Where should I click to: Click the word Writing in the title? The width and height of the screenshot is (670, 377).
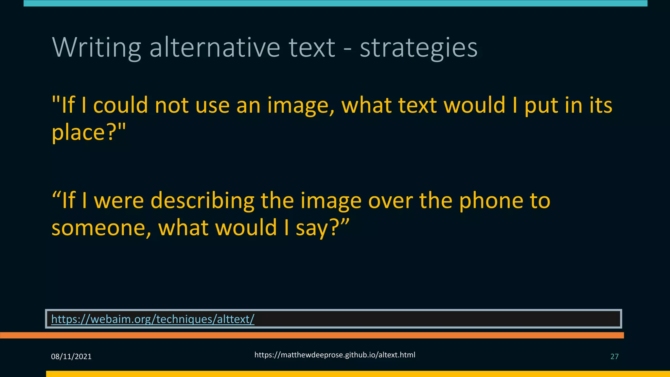97,48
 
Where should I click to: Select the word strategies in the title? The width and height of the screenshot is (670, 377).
418,48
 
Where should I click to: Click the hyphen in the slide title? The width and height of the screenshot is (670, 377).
347,49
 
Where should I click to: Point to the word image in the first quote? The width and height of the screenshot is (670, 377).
301,106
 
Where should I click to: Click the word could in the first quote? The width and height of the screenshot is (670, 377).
121,105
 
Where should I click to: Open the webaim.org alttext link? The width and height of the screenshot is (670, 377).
153,319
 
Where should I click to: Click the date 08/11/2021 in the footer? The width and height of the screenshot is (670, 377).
71,356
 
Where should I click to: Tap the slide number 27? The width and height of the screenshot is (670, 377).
614,356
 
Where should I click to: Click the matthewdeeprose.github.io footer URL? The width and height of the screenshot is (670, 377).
335,355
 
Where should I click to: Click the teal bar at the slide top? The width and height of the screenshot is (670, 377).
335,3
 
